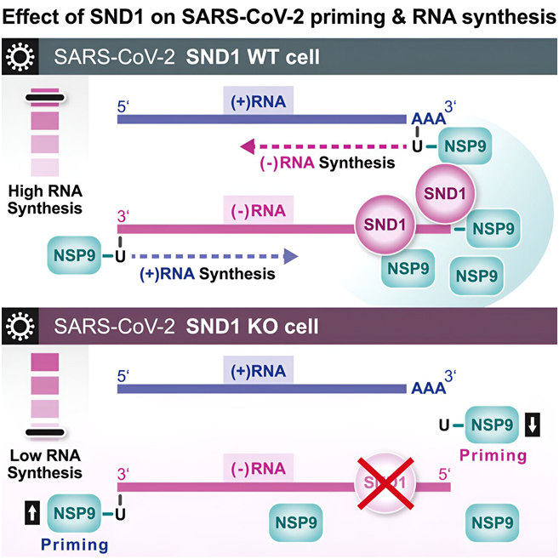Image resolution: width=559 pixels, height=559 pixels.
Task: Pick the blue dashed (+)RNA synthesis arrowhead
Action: [x=291, y=254]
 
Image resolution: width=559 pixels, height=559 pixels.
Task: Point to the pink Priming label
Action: [x=493, y=455]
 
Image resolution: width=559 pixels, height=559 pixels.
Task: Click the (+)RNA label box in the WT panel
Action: [x=260, y=100]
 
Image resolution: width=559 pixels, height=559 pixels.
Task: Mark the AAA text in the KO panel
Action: [x=428, y=388]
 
